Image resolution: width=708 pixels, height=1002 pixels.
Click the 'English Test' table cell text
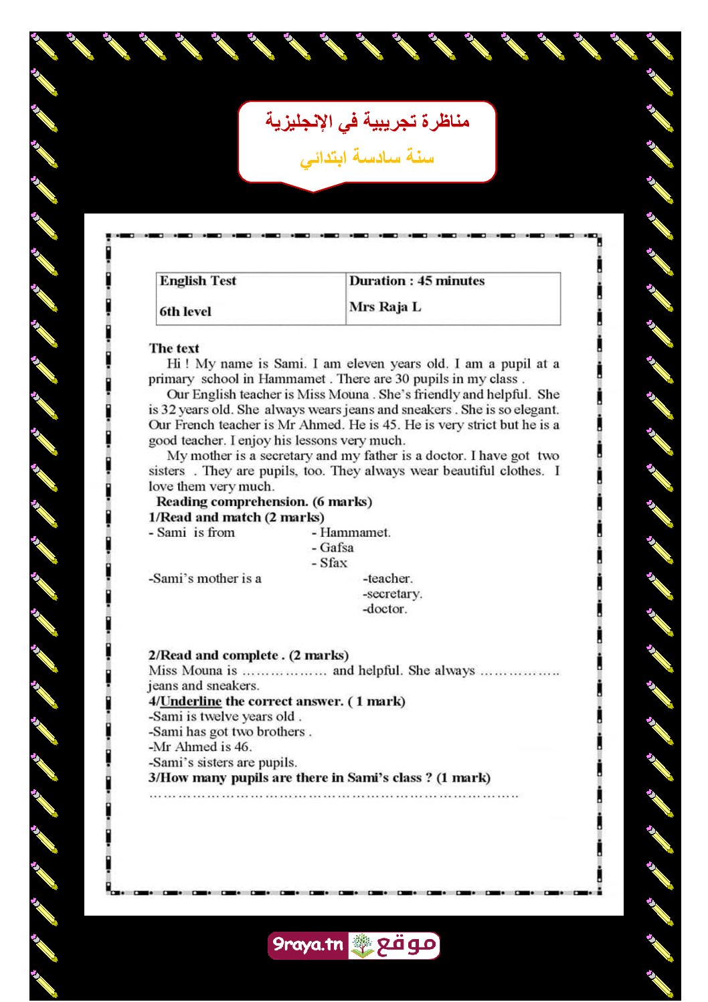click(x=197, y=281)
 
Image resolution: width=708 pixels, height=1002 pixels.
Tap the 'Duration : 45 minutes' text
click(x=416, y=281)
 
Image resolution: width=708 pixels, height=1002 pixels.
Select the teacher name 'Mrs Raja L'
click(x=385, y=307)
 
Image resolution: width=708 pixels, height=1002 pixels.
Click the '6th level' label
click(x=185, y=311)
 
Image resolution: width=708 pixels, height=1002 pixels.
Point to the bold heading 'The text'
click(x=174, y=348)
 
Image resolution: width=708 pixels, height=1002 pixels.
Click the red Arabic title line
click(x=367, y=121)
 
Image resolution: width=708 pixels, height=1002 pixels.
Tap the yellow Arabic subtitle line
click(x=367, y=159)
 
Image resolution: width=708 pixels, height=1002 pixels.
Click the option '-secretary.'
click(x=392, y=594)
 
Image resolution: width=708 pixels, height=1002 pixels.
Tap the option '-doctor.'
click(x=385, y=609)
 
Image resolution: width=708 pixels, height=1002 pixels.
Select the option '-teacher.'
click(x=387, y=578)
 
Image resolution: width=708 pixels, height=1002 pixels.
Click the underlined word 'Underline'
click(x=191, y=701)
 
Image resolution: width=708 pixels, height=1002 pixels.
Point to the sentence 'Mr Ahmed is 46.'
click(x=201, y=747)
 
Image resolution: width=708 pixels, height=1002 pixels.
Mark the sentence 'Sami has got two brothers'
click(x=230, y=732)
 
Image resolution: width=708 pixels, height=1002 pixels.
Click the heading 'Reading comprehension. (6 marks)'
click(x=264, y=502)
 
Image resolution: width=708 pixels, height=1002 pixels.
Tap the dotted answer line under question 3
click(x=333, y=795)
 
